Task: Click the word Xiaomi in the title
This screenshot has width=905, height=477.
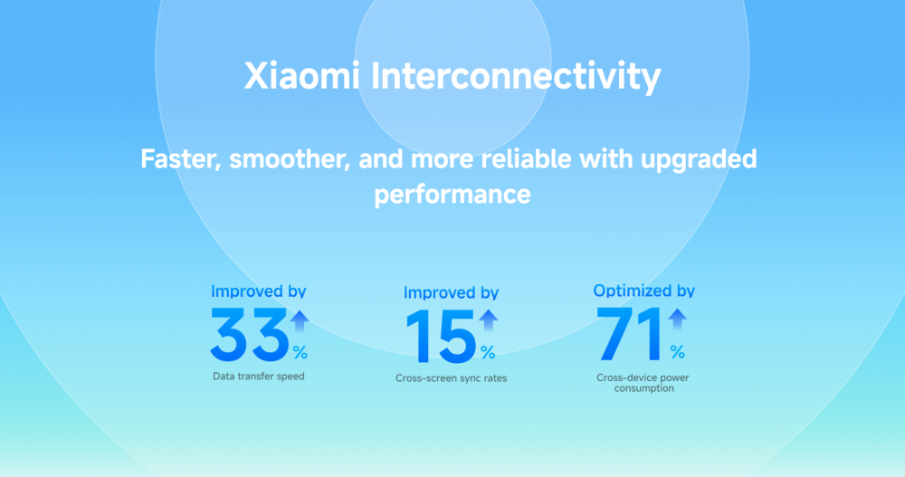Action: click(x=303, y=76)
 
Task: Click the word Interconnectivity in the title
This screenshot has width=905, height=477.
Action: click(x=516, y=76)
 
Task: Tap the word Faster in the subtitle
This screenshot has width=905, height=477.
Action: click(x=179, y=159)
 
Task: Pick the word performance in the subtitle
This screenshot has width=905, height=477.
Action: click(x=452, y=194)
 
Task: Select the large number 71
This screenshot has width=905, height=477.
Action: click(x=631, y=334)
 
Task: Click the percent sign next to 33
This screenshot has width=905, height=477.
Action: click(x=300, y=350)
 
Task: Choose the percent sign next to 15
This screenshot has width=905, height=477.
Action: click(x=488, y=351)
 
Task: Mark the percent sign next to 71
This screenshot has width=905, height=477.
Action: click(x=677, y=351)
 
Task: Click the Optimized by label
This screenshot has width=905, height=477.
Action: click(x=643, y=291)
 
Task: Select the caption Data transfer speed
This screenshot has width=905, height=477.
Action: click(x=259, y=376)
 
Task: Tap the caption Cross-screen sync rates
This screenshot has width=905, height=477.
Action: click(x=451, y=377)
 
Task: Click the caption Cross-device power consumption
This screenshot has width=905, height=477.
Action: click(x=643, y=382)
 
